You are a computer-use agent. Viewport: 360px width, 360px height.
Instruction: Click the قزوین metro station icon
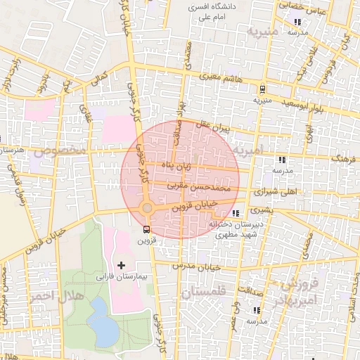point(146,229)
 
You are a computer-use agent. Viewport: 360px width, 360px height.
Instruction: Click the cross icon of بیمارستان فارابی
point(122,265)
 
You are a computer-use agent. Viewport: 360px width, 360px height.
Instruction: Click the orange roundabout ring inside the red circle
point(146,208)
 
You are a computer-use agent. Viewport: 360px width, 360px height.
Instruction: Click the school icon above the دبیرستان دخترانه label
point(236,212)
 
